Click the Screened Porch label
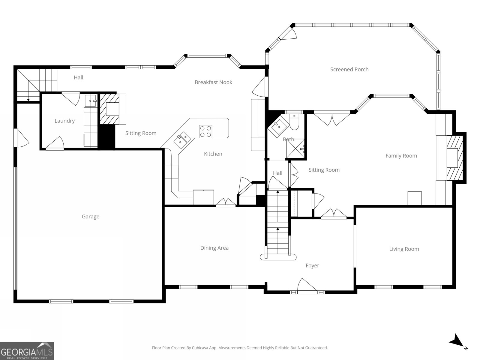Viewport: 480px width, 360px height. point(349,69)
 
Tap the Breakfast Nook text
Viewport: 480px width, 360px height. point(213,82)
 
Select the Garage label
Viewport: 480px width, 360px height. point(90,217)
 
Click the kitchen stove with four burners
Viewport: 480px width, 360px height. point(205,131)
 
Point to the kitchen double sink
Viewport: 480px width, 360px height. point(182,139)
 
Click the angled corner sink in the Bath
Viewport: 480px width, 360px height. point(278,127)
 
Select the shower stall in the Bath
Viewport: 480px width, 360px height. point(295,148)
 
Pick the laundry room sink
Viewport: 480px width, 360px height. point(90,101)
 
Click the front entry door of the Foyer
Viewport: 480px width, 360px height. point(307,286)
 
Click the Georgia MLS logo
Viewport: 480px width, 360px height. point(27,351)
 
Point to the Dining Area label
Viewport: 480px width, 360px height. point(214,248)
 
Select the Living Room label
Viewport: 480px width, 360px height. point(404,249)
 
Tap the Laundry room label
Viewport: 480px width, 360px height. point(64,121)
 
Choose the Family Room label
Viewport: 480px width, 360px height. point(401,156)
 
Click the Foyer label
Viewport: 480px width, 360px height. point(312,265)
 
